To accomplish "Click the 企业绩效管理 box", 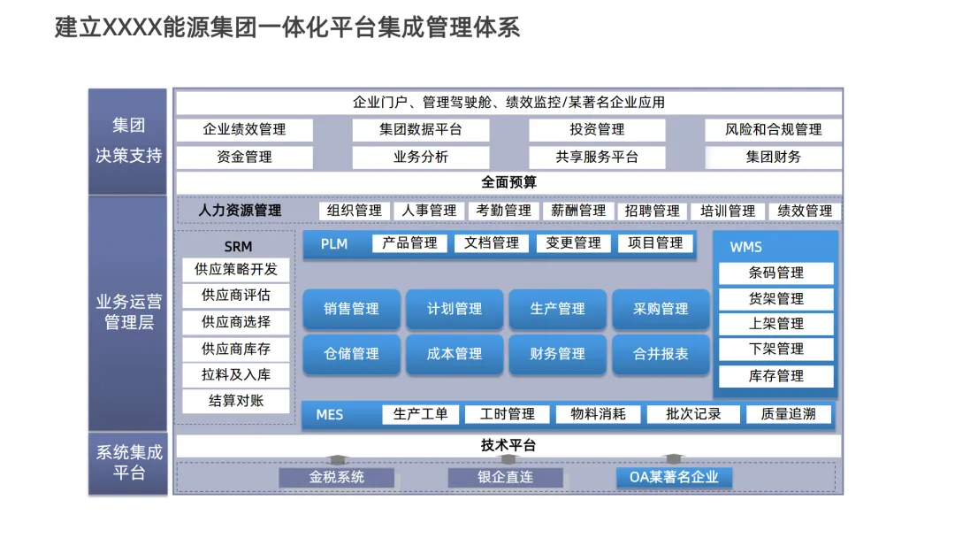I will coord(244,129).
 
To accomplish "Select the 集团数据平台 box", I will coord(421,129).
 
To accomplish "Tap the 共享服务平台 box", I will coord(597,158).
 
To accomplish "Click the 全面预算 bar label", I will coord(508,182).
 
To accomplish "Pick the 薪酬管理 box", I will coord(578,211).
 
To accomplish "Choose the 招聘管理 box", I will coord(653,211).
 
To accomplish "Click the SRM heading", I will coord(238,246).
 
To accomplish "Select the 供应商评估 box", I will coord(236,296).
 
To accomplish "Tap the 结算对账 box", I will coord(236,401).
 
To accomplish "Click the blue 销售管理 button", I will coord(351,309).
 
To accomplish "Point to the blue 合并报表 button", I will coord(661,353).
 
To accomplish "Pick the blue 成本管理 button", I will coord(455,353).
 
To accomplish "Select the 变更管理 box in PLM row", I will coord(573,242).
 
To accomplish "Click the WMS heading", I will coord(745,247).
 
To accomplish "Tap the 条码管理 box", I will coord(775,273).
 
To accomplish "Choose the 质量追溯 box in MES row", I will coord(788,414).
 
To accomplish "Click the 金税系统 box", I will coord(336,477).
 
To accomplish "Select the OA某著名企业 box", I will coord(674,477).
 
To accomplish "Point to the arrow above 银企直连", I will coord(508,460).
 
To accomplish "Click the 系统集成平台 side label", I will coord(128,463).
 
